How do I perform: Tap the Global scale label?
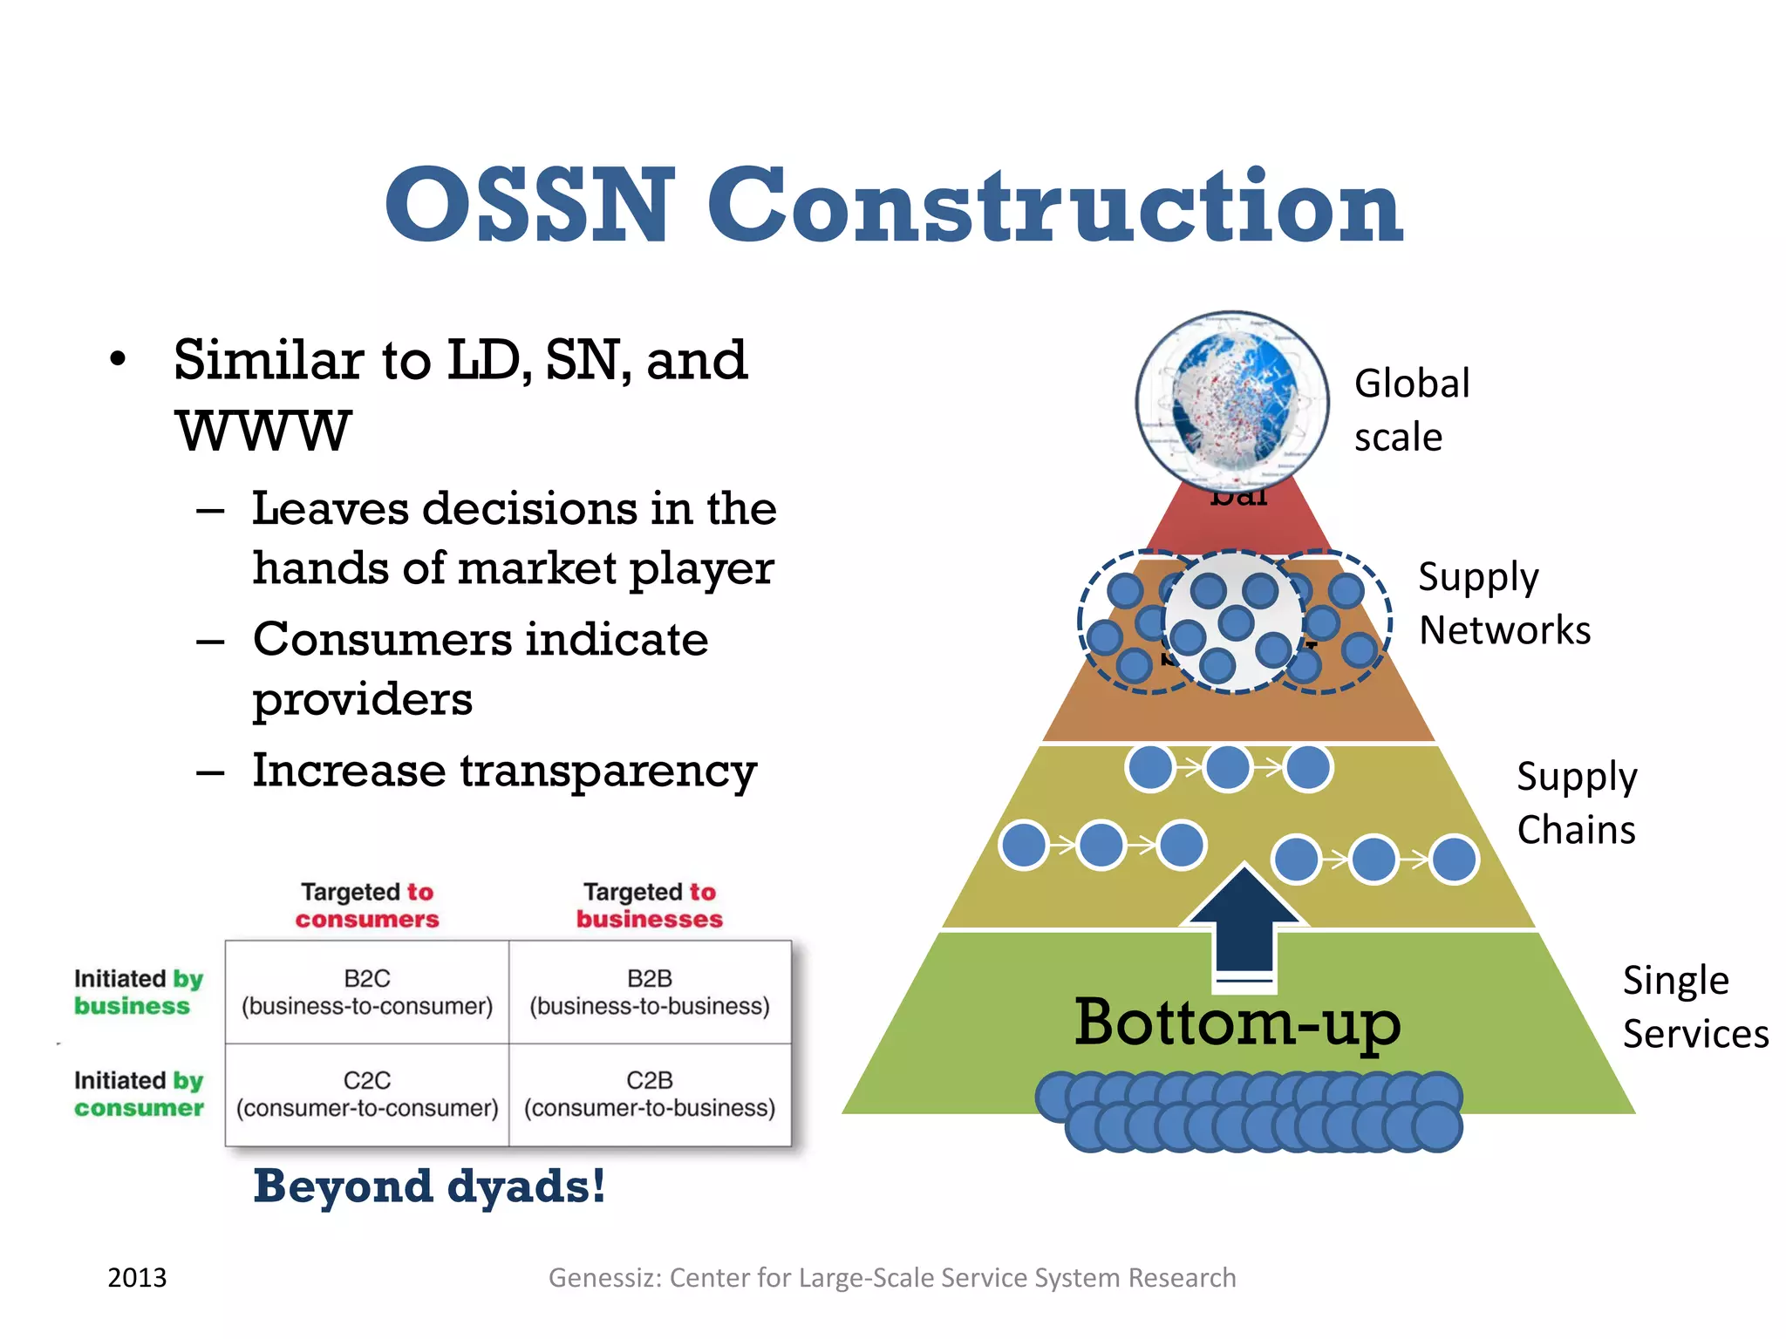pyautogui.click(x=1411, y=410)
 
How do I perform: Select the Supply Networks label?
pyautogui.click(x=1503, y=603)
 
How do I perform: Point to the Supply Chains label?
pyautogui.click(x=1576, y=803)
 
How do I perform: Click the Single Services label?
pyautogui.click(x=1694, y=1007)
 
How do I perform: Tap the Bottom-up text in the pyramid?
pyautogui.click(x=1237, y=1022)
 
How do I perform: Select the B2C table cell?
pyautogui.click(x=367, y=992)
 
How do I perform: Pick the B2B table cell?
pyautogui.click(x=650, y=992)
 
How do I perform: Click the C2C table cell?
pyautogui.click(x=367, y=1094)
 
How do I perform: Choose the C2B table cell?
pyautogui.click(x=650, y=1094)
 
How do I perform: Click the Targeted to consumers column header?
pyautogui.click(x=367, y=905)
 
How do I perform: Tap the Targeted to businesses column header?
pyautogui.click(x=650, y=905)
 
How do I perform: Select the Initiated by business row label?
pyautogui.click(x=138, y=992)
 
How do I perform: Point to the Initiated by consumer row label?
pyautogui.click(x=138, y=1094)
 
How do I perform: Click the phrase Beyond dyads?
pyautogui.click(x=429, y=1186)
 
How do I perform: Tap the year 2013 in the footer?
pyautogui.click(x=137, y=1277)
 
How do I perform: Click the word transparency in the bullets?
pyautogui.click(x=608, y=771)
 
